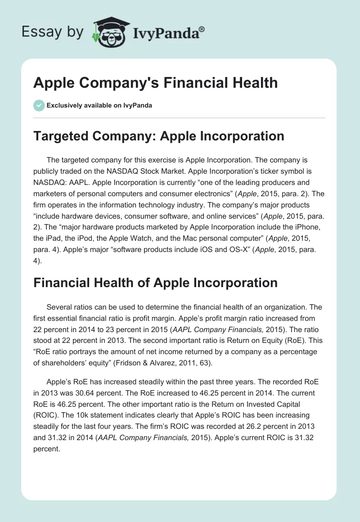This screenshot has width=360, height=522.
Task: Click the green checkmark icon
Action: (x=39, y=105)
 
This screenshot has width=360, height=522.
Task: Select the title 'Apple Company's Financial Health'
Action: (x=156, y=83)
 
